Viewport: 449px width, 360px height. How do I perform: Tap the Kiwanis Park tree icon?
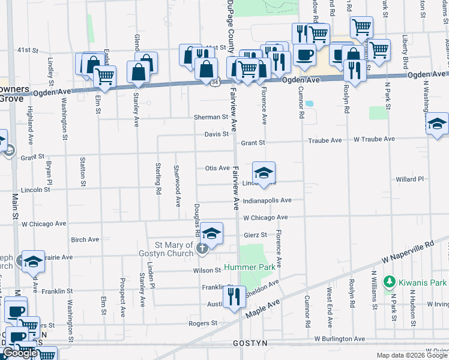[389, 281]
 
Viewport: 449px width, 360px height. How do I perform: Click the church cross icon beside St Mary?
[203, 247]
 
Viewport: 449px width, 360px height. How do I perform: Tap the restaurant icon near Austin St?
[234, 296]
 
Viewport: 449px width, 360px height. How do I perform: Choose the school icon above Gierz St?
[211, 233]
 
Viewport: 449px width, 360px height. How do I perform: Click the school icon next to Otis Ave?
[264, 173]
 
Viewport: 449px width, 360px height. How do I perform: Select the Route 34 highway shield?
[216, 80]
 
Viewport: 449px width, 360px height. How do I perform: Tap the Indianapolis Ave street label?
[267, 200]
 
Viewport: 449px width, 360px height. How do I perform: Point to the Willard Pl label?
[410, 179]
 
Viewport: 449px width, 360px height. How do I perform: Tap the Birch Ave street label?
[85, 239]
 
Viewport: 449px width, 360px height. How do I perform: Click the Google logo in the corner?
[20, 353]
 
